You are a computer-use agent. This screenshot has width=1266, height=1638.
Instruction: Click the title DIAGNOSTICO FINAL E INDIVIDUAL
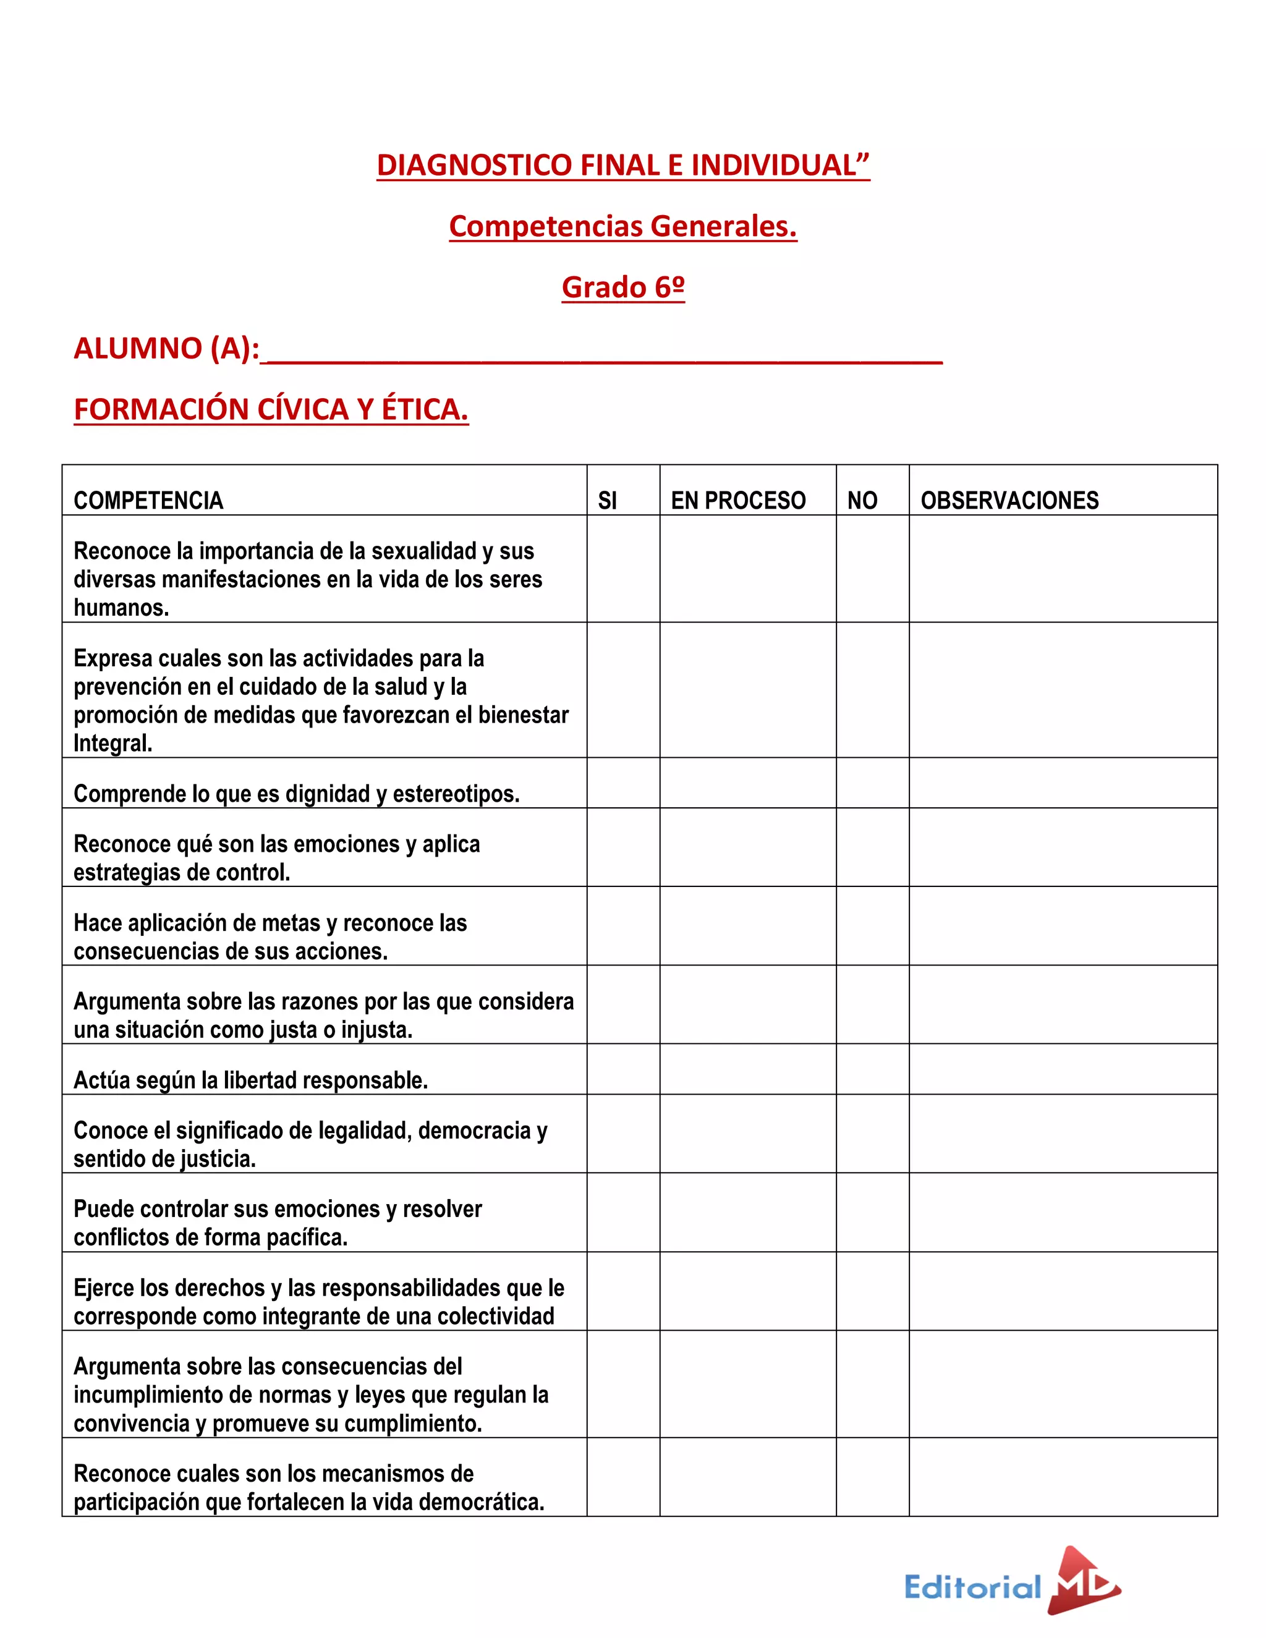pos(622,165)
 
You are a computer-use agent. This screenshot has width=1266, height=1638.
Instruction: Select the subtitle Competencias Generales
pos(622,226)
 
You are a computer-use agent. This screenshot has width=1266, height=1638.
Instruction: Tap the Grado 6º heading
pos(622,287)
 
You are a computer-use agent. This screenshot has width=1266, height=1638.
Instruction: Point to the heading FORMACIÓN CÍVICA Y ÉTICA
pos(271,409)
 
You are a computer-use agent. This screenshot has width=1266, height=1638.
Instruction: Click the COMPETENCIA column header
pos(148,500)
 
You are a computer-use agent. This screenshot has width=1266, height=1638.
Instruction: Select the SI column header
pos(608,500)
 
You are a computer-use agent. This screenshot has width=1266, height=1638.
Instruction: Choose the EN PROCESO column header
pos(738,500)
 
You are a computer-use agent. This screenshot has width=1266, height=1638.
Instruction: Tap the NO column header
pos(862,500)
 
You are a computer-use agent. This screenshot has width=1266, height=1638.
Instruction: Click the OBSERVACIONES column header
pos(1009,500)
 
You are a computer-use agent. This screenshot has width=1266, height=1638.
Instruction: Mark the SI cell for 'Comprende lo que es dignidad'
pos(623,783)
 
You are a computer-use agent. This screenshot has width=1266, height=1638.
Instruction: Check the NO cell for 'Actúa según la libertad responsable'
pos(872,1069)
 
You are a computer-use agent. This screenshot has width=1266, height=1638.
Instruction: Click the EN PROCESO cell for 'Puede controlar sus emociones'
pos(748,1212)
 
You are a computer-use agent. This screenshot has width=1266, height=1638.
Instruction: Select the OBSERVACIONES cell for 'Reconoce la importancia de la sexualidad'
pos(1063,569)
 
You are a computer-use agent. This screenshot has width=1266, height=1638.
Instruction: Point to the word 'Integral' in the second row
pos(112,743)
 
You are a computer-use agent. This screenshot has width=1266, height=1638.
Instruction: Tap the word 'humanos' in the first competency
pos(120,608)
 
